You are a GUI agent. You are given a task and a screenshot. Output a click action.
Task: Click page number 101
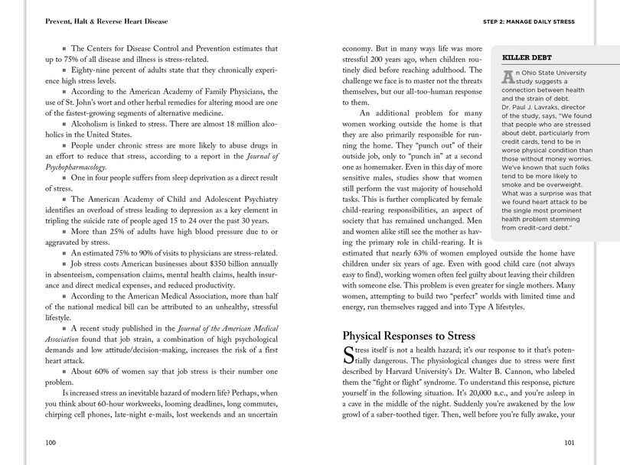[x=569, y=443]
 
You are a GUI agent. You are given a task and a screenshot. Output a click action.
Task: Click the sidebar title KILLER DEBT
[x=526, y=58]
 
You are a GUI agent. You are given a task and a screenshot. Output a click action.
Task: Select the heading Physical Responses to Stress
[x=408, y=336]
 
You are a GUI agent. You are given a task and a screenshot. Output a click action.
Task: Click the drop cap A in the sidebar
[x=507, y=77]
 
